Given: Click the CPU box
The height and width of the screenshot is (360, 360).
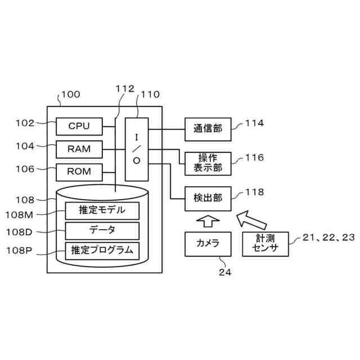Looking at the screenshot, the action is pos(79,126).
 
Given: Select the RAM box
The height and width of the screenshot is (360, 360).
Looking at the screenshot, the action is pos(79,149).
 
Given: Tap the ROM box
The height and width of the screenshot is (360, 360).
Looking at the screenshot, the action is pos(79,172).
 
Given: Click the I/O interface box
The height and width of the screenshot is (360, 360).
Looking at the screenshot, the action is pos(137,149).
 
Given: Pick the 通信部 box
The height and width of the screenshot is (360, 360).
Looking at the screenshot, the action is pos(208,129).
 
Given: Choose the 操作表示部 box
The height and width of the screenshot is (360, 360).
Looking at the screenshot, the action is pos(208,164).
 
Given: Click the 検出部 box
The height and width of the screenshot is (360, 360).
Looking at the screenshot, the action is pos(208,199).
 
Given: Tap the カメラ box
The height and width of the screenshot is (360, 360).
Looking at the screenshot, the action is pos(208,244).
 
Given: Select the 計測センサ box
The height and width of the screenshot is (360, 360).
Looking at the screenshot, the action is pos(265,244).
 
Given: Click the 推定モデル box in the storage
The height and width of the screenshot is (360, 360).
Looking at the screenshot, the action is pos(102,210).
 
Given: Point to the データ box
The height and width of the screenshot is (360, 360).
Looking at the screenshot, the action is pos(102,231).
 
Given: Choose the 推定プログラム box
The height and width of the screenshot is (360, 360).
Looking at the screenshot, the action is pos(102,251).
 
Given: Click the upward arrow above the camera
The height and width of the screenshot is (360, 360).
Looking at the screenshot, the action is pos(208,221).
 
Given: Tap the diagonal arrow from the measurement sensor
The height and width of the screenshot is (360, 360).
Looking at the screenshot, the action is pos(251,220).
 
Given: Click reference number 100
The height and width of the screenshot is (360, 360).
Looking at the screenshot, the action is pos(71,94).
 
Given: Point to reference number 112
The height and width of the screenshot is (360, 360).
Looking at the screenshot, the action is pos(125,89).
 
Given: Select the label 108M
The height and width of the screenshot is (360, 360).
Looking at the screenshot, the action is pos(19,215).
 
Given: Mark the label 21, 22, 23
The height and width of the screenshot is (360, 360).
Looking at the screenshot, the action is pos(328,237).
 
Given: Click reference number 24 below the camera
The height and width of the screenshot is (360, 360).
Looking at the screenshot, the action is pos(225,272).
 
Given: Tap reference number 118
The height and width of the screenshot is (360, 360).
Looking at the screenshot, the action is pos(255,192).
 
